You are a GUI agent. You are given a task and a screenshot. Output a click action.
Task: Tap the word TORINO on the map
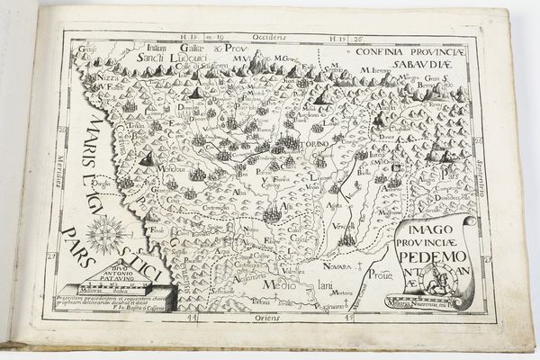tap(313, 146)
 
